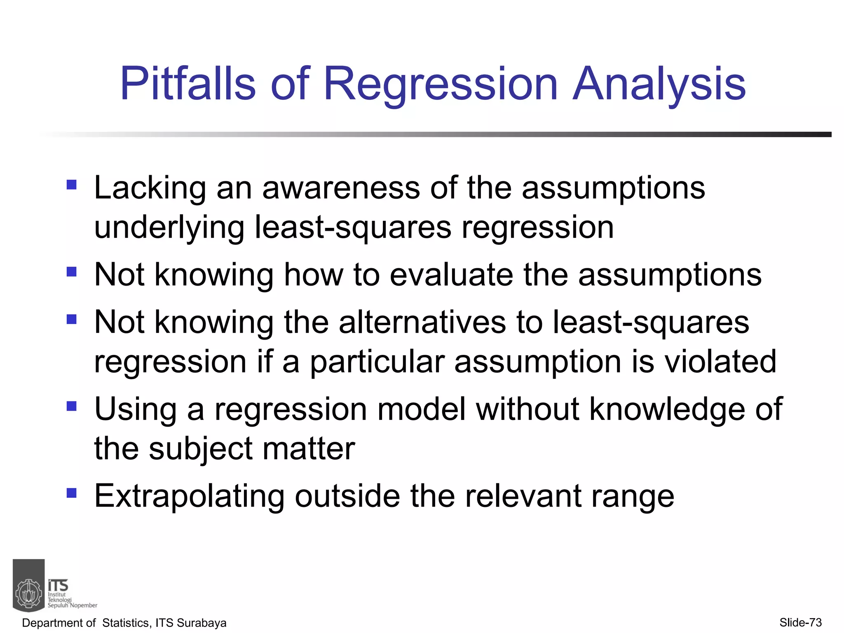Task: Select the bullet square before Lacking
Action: coord(72,184)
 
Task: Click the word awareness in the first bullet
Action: coord(341,188)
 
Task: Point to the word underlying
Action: coord(169,227)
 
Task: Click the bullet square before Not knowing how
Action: coord(72,272)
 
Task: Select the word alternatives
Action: coord(422,322)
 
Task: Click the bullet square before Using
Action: coord(72,406)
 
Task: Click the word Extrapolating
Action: coord(189,496)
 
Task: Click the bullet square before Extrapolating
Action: coord(72,493)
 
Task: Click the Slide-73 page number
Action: coord(800,622)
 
